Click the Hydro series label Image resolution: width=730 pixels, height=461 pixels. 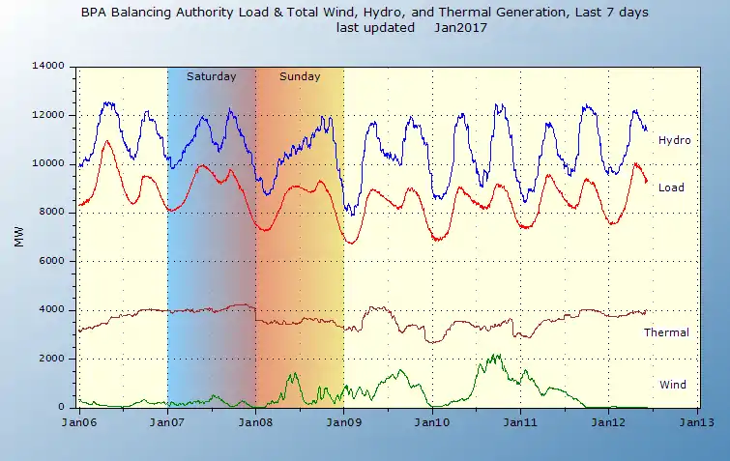click(674, 140)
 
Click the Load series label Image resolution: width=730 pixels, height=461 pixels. click(672, 187)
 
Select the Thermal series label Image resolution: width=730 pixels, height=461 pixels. click(666, 332)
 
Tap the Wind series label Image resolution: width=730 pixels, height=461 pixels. click(672, 385)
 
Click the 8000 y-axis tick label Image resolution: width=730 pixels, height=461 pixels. click(50, 212)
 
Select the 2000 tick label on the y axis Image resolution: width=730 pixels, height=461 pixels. click(50, 358)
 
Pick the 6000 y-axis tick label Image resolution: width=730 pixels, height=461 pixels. click(50, 261)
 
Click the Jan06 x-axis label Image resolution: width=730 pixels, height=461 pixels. click(78, 422)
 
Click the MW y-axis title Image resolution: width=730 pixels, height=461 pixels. click(19, 237)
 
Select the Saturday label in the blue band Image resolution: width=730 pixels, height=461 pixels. click(211, 76)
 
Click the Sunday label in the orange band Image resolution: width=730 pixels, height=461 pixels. click(300, 76)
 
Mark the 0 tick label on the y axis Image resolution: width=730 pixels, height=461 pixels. click(60, 407)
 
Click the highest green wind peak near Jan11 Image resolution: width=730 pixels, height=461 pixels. click(496, 355)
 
